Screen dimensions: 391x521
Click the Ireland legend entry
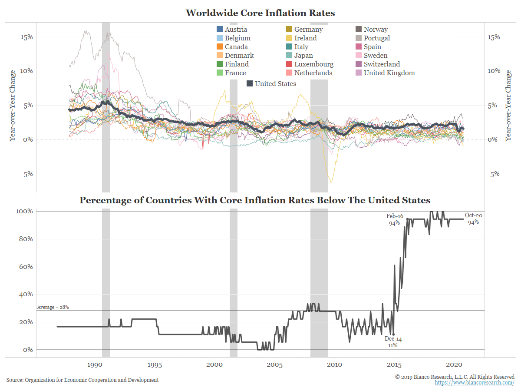pyautogui.click(x=305, y=38)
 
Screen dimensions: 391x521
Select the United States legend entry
pyautogui.click(x=275, y=84)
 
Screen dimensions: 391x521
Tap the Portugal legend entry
pyautogui.click(x=376, y=38)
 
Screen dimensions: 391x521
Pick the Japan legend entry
pyautogui.click(x=303, y=56)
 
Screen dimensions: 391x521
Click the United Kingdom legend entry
pyautogui.click(x=389, y=73)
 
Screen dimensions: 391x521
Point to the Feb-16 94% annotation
pyautogui.click(x=395, y=219)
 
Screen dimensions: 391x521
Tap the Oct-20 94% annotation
pyautogui.click(x=473, y=219)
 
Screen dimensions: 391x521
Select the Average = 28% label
pyautogui.click(x=53, y=307)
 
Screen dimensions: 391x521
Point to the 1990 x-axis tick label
pyautogui.click(x=95, y=364)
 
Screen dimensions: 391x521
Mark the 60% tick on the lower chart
pyautogui.click(x=24, y=267)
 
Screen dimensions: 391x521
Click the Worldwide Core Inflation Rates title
pyautogui.click(x=260, y=13)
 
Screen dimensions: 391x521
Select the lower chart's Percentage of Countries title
pyautogui.click(x=255, y=200)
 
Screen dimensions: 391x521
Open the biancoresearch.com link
pyautogui.click(x=475, y=382)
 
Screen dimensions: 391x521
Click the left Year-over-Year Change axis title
pyautogui.click(x=13, y=105)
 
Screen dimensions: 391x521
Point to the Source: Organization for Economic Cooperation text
pyautogui.click(x=82, y=380)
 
